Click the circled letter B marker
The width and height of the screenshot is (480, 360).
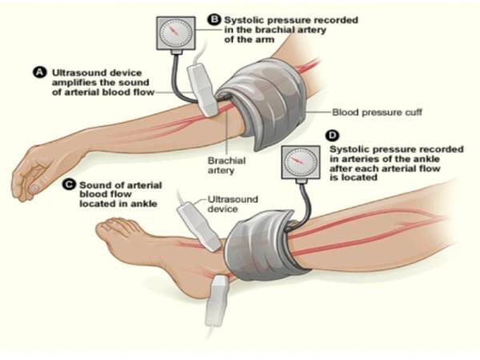pyautogui.click(x=213, y=18)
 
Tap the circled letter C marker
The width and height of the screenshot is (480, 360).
pyautogui.click(x=68, y=186)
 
